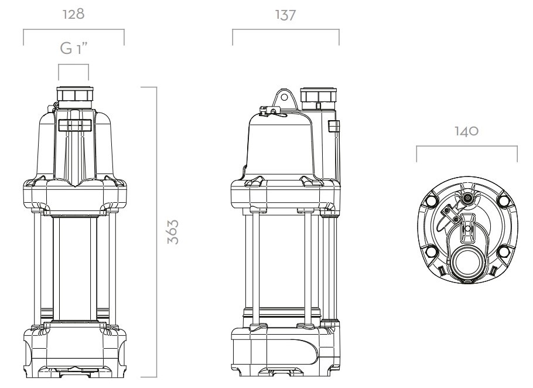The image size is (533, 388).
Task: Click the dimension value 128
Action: coord(73,14)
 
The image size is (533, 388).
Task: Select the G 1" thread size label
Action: coord(74,48)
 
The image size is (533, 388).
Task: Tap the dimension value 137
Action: coord(286,15)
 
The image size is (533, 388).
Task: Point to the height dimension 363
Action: coord(173,232)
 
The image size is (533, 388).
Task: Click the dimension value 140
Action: coord(467,131)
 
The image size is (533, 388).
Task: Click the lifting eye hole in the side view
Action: coord(284,98)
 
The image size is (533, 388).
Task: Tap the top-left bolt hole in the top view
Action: coord(432,200)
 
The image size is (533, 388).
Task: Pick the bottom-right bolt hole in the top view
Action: coord(503,252)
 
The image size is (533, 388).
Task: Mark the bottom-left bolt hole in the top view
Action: coord(431,252)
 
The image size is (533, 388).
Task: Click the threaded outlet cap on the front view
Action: coord(74,94)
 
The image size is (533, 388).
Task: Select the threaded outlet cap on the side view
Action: coord(319,95)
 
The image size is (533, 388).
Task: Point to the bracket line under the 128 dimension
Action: coord(74,30)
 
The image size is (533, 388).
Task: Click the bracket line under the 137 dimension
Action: coord(286,30)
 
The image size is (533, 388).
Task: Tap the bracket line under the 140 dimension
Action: coord(467,147)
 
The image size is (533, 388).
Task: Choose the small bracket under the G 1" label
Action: coord(73,64)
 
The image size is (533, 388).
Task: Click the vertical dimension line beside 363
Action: coord(156,232)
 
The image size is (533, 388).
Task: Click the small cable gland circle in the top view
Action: coord(469,198)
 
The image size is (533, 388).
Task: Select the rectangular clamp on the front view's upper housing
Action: coord(75,125)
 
